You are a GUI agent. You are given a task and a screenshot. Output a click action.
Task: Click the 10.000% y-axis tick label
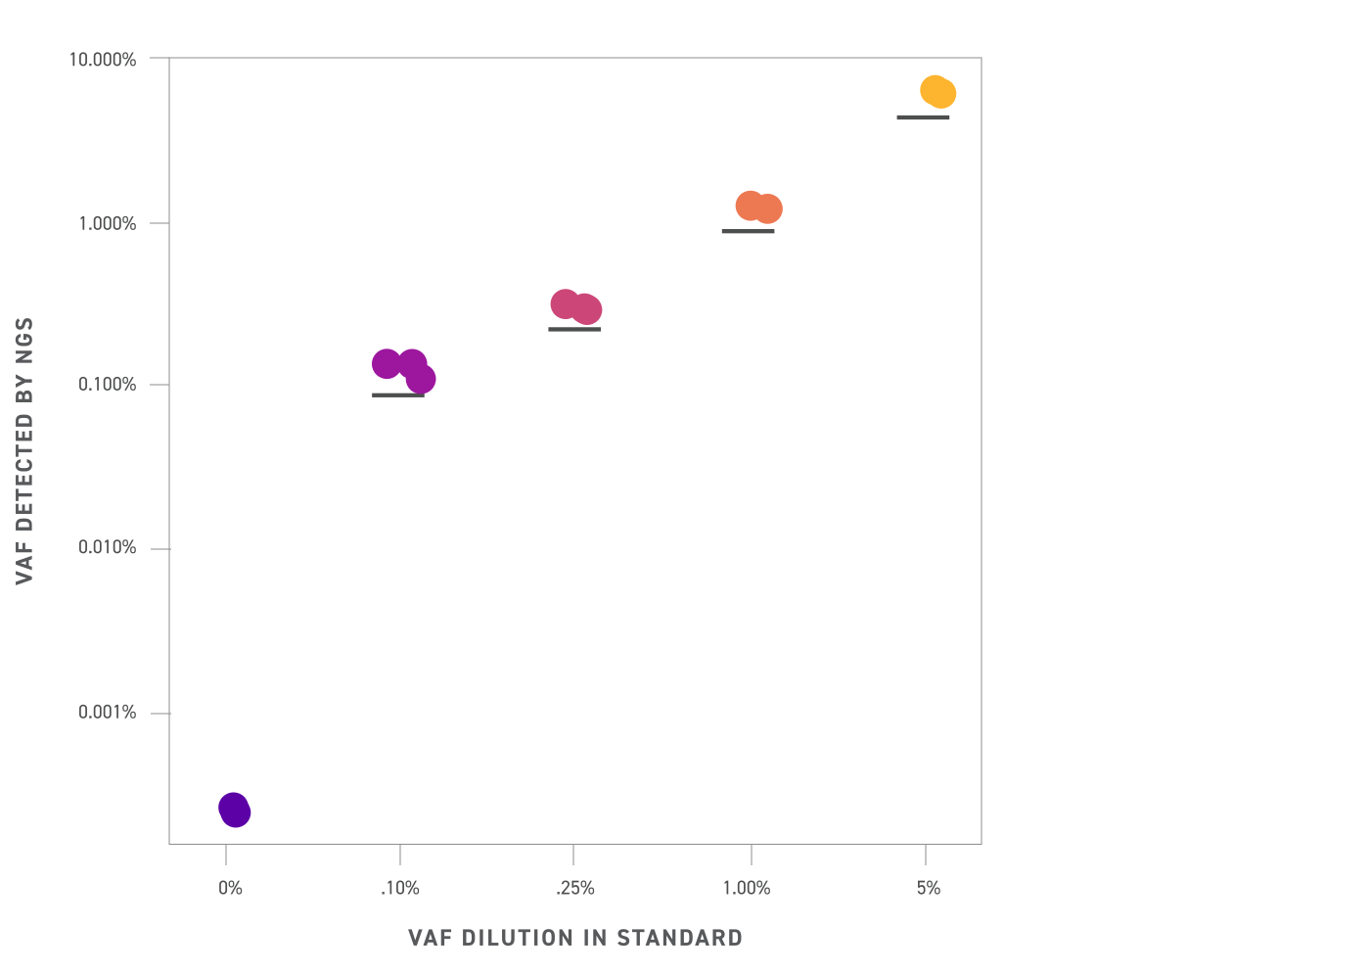coord(102,60)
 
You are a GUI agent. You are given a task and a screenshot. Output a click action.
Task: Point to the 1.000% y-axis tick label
coord(107,224)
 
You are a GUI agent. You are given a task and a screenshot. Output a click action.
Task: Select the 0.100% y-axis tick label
coord(107,385)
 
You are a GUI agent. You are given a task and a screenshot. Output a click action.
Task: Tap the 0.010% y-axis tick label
coord(107,548)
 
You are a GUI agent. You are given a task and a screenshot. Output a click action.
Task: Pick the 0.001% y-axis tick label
coord(107,713)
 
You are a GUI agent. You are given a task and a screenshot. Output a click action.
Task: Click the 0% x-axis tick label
coord(230,889)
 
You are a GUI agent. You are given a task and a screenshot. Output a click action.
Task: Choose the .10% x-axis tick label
coord(399,889)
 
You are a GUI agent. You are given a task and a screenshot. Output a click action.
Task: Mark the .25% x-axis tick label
coord(574,889)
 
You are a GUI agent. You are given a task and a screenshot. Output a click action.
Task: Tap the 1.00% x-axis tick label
coord(747,889)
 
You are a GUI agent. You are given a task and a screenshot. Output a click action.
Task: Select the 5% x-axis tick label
coord(929,889)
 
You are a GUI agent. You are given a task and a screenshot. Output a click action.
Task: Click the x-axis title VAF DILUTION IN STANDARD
coord(575,938)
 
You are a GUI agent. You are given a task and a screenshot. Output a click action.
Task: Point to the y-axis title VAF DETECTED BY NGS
coord(25,450)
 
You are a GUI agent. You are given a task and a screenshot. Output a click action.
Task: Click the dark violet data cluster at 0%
coord(234,810)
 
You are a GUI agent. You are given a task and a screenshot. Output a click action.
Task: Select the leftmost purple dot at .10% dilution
coord(387,364)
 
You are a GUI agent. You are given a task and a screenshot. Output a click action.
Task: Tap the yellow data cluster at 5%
coord(937,92)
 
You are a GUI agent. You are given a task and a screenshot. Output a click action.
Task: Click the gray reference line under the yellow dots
coord(923,117)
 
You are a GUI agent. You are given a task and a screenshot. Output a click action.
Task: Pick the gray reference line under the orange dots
coord(748,231)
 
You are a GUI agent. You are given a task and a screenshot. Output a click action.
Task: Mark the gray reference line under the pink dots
coord(574,329)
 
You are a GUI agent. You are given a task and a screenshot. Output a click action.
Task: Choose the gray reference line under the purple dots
coord(397,395)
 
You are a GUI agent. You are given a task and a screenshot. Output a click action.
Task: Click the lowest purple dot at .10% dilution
coord(421,379)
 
